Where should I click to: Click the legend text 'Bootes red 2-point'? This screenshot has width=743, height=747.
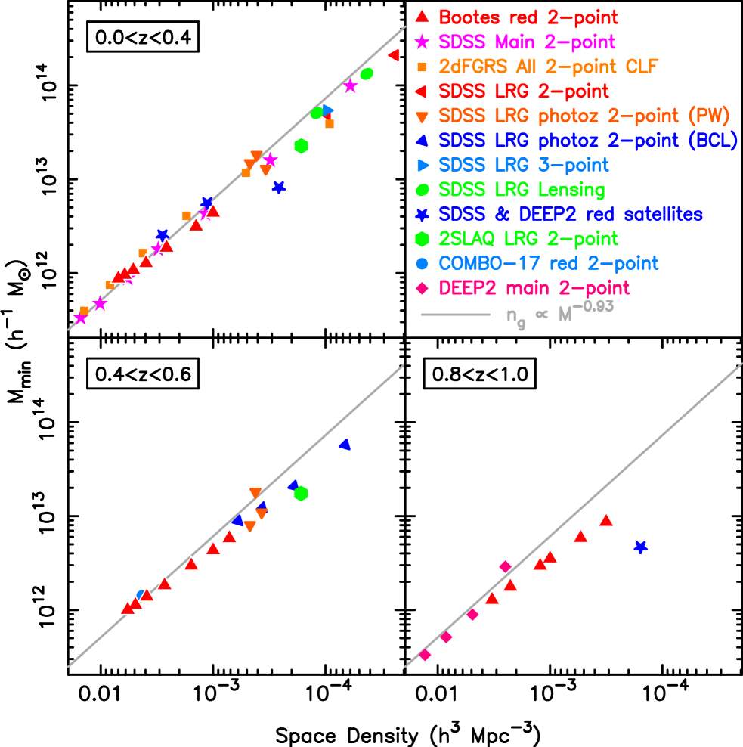(528, 17)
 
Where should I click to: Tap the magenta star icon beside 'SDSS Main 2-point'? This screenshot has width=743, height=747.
(423, 42)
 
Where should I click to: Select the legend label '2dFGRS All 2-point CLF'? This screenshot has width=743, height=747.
(549, 67)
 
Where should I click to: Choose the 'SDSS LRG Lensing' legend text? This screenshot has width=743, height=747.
(522, 190)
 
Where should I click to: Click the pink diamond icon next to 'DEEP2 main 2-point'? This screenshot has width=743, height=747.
(423, 288)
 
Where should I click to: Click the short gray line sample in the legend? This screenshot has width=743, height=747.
(456, 315)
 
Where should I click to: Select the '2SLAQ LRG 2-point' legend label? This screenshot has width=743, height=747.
(528, 239)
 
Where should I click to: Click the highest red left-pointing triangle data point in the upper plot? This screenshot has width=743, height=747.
(394, 55)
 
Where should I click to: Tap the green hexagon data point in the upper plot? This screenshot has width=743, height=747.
(301, 146)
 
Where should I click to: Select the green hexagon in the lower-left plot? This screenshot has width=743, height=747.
(301, 494)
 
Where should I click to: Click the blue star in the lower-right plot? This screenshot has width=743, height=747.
(640, 547)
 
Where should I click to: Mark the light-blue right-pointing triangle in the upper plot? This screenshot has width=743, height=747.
(327, 110)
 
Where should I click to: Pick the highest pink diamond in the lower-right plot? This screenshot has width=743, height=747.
(505, 566)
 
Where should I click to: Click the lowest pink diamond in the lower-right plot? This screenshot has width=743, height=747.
(425, 655)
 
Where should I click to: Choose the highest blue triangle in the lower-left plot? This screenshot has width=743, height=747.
(345, 445)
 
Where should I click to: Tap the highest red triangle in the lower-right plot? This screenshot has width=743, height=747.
(605, 519)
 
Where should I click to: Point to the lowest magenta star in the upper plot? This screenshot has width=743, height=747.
(80, 318)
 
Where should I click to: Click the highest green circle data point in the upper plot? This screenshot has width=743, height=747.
(367, 73)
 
